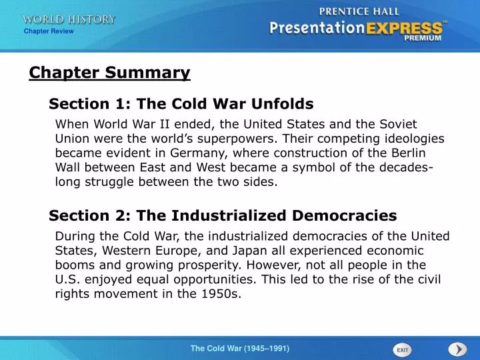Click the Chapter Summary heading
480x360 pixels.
[109, 73]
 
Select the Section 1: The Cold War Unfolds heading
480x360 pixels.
[181, 104]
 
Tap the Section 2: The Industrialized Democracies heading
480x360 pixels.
[223, 215]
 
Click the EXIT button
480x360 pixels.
[402, 349]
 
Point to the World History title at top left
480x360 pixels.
[69, 19]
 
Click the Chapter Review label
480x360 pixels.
[49, 31]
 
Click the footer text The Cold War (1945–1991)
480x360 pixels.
[240, 349]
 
